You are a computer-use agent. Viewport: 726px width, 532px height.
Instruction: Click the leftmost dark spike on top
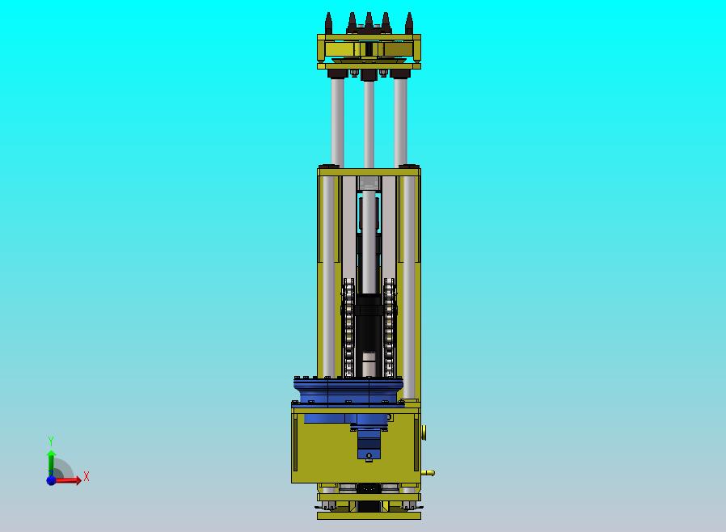click(328, 23)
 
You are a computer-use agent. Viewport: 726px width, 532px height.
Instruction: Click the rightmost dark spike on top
click(409, 23)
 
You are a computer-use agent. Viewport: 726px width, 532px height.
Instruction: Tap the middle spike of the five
click(369, 22)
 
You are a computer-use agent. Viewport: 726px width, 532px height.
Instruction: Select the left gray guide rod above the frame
click(337, 123)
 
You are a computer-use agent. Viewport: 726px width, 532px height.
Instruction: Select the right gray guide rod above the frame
click(400, 123)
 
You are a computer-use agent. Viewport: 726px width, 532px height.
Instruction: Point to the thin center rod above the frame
click(369, 125)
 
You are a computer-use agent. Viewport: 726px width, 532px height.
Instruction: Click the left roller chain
click(348, 327)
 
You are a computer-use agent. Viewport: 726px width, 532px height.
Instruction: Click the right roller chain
click(390, 327)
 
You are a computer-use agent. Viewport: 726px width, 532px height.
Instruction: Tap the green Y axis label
click(51, 441)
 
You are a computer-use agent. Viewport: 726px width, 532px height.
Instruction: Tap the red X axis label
click(87, 476)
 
